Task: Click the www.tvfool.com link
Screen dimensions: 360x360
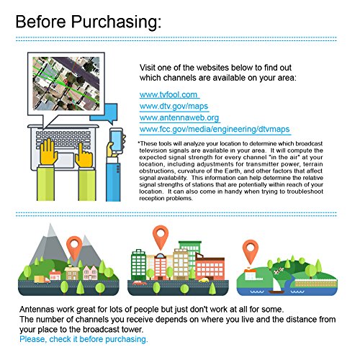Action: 168,94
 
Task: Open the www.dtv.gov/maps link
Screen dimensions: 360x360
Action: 174,106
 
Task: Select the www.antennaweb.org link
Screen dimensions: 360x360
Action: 179,117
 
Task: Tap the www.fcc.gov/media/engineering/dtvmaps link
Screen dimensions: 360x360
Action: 215,129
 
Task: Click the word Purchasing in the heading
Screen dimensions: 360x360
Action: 116,22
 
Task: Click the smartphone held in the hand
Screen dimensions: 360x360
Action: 116,140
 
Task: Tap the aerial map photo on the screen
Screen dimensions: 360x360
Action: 66,84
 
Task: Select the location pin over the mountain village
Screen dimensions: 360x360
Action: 74,247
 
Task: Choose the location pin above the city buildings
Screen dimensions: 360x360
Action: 161,237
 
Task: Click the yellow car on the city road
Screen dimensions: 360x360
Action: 204,280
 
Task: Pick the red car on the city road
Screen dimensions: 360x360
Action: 140,283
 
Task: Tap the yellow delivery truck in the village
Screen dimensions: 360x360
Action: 42,279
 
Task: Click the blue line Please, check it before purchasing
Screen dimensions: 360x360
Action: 84,339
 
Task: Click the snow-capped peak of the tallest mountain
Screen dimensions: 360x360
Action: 51,230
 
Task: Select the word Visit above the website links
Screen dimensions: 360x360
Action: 148,68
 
